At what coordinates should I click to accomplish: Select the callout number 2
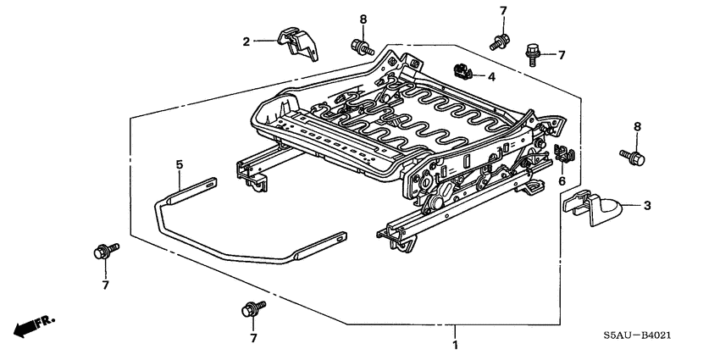click(247, 41)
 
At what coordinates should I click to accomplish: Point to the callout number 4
click(490, 77)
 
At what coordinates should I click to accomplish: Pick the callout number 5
click(180, 163)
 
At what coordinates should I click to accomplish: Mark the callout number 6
click(561, 180)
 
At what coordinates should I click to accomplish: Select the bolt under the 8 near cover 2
click(361, 47)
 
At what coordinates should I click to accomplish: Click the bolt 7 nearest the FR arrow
click(103, 250)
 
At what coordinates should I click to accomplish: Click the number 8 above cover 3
click(637, 127)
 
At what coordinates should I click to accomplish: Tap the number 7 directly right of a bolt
click(560, 54)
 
